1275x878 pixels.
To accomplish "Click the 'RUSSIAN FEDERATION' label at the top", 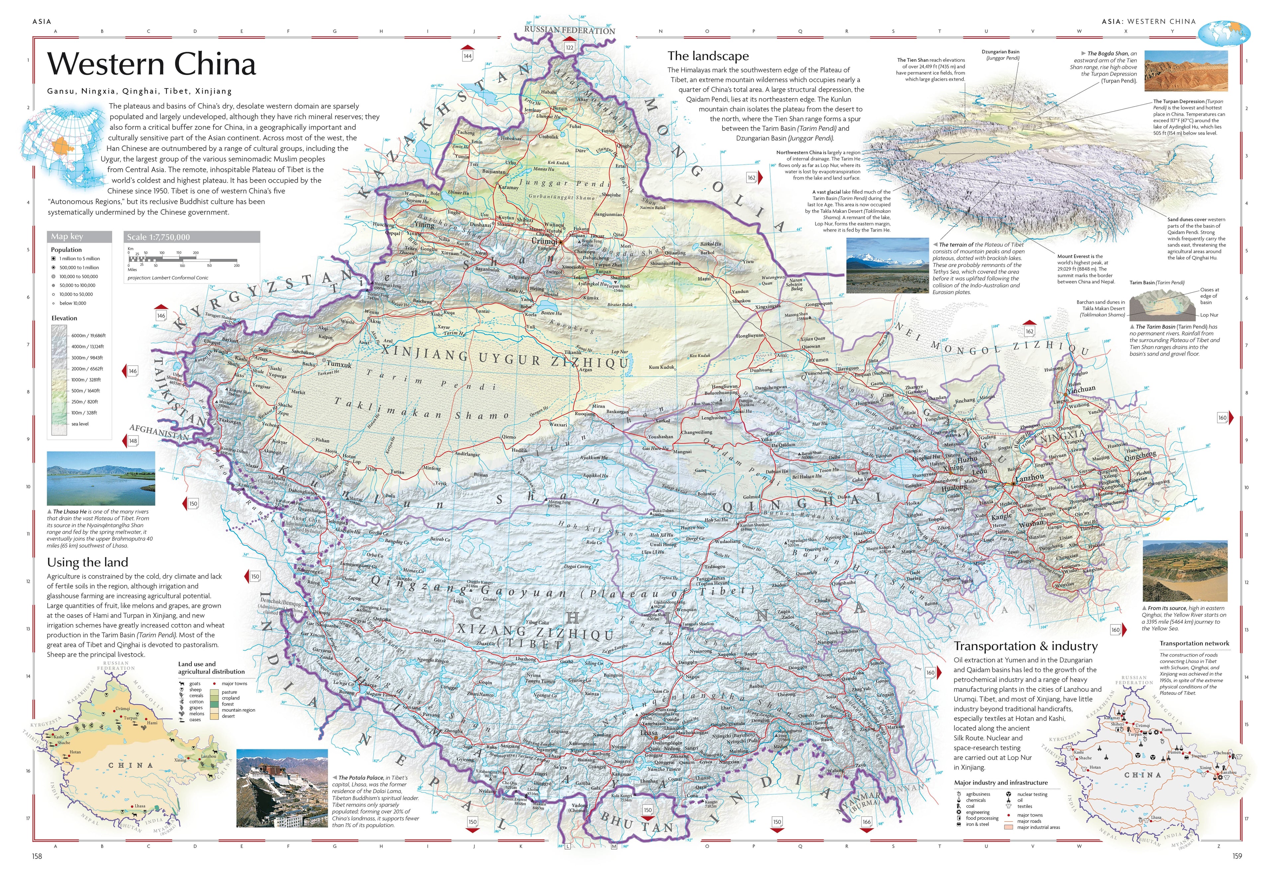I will pyautogui.click(x=569, y=30).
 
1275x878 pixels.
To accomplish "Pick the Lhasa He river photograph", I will pyautogui.click(x=101, y=478).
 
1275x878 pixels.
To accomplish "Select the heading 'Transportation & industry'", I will pyautogui.click(x=1025, y=646).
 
